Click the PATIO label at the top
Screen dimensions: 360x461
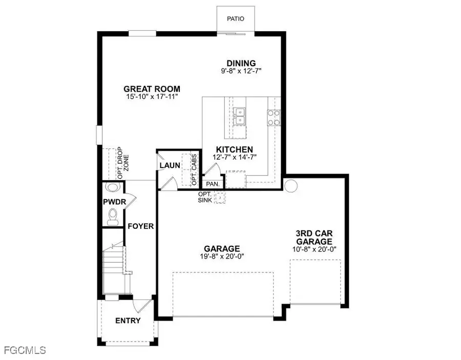tap(236, 19)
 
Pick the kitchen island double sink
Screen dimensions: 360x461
tap(239, 117)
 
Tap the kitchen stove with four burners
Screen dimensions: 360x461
tap(273, 117)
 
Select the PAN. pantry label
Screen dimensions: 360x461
tap(212, 184)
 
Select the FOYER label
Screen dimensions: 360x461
tap(141, 226)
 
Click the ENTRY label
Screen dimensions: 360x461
tap(128, 321)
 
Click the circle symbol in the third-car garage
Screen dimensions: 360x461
tap(291, 185)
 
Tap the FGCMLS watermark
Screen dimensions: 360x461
tap(24, 351)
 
